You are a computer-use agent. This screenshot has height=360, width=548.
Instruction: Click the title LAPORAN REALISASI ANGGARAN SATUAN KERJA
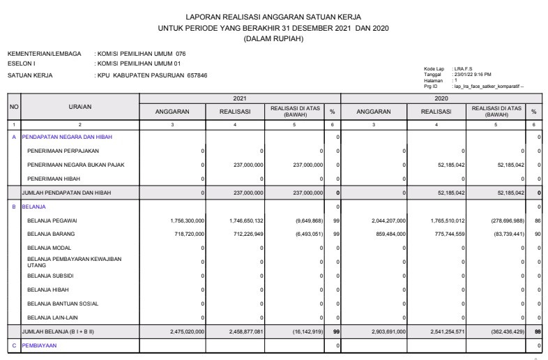(x=273, y=16)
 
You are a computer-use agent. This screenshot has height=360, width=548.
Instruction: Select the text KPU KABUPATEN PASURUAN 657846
(x=153, y=75)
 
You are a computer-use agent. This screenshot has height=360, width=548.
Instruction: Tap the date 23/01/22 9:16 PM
(x=472, y=73)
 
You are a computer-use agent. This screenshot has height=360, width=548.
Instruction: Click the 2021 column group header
(x=239, y=99)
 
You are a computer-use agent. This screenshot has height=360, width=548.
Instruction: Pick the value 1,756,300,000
(x=187, y=220)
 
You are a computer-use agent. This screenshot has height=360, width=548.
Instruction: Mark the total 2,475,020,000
(x=187, y=331)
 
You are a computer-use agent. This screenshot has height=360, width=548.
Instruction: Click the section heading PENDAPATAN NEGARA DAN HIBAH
(x=67, y=137)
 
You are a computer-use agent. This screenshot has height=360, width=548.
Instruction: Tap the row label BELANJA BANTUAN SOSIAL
(x=63, y=303)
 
